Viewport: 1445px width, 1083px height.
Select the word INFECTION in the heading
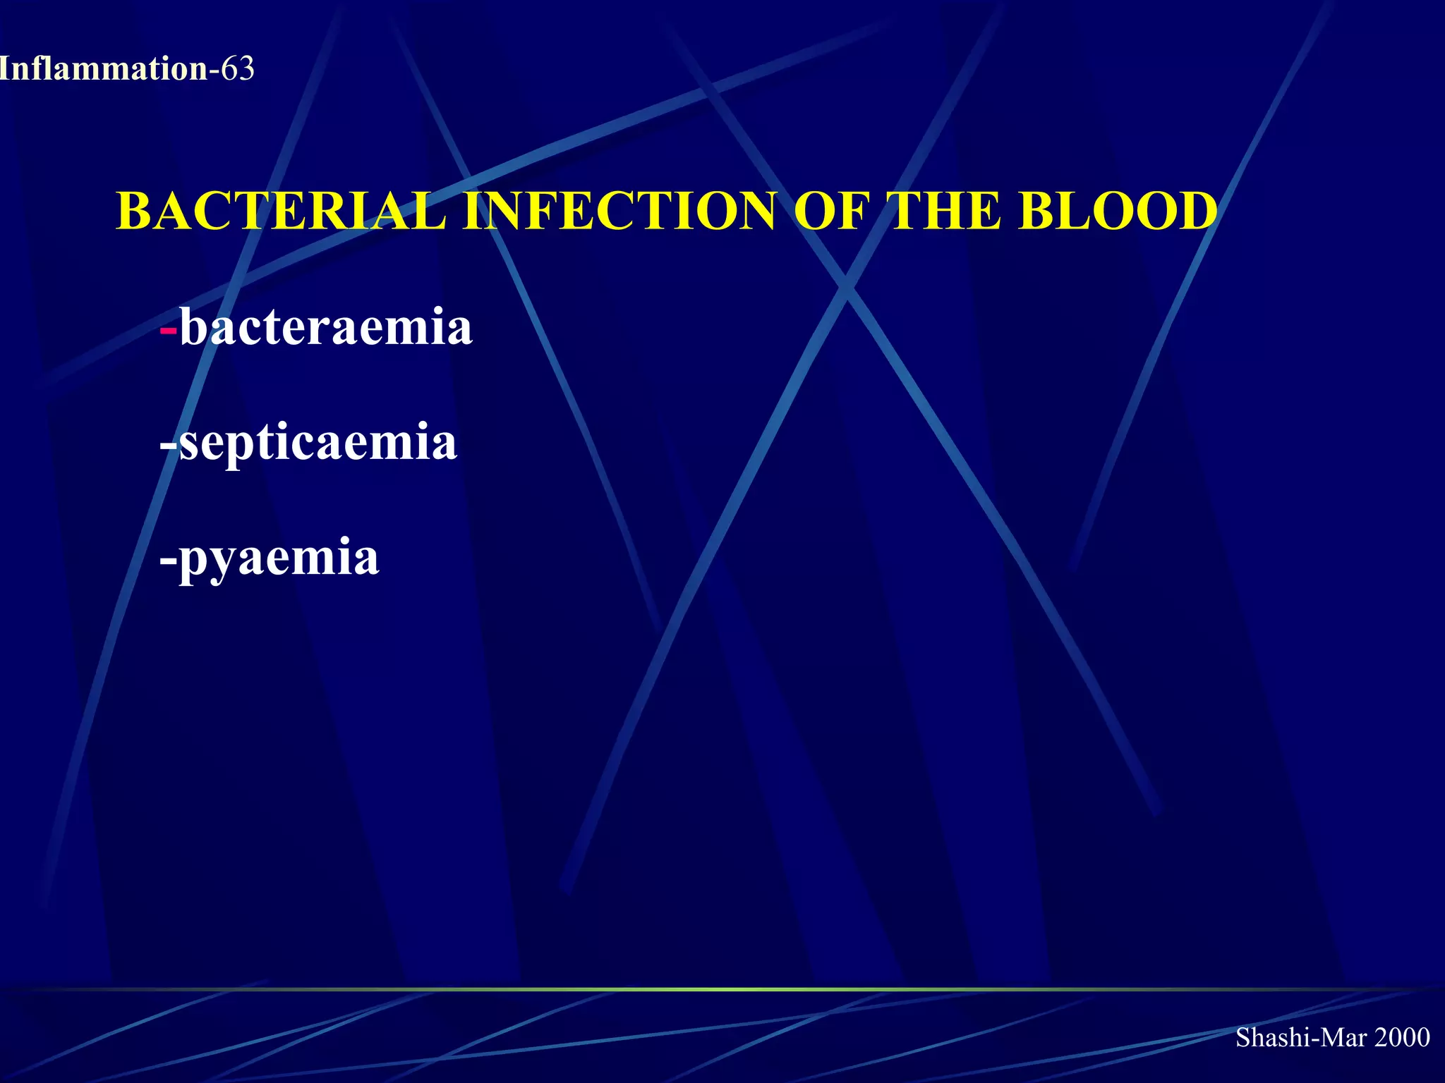620,211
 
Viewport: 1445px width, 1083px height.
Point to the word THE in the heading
946,211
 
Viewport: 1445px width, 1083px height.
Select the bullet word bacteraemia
325,327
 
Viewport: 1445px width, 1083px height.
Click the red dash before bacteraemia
169,330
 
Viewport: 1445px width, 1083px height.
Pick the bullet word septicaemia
318,443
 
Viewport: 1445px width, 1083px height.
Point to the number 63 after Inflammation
238,69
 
